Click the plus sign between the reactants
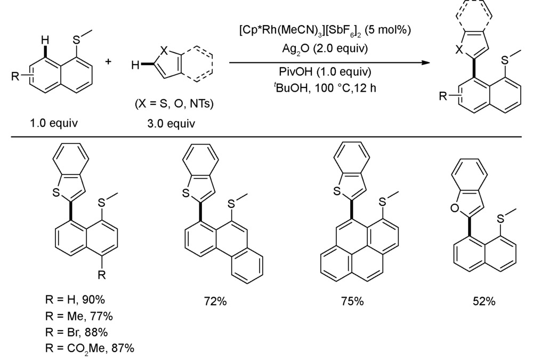click(108, 61)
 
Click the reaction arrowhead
click(426, 62)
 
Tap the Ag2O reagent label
click(296, 49)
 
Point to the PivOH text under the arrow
click(296, 71)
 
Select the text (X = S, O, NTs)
click(174, 103)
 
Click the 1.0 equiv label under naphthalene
click(54, 123)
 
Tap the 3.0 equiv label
click(171, 123)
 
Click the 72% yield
click(215, 301)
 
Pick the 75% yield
click(352, 301)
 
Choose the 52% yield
click(484, 301)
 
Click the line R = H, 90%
click(75, 299)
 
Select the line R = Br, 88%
click(76, 332)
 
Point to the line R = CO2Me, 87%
click(90, 348)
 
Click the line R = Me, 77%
click(79, 316)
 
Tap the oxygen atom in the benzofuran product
click(455, 207)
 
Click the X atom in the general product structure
click(459, 50)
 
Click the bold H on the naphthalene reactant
click(45, 41)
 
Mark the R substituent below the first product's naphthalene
click(102, 275)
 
